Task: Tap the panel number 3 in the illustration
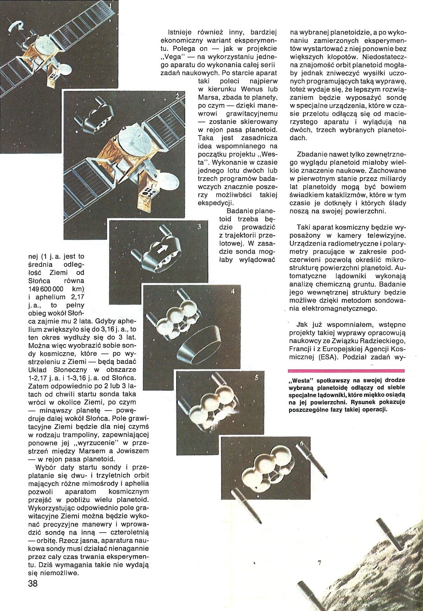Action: (199, 227)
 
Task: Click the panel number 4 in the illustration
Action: (233, 292)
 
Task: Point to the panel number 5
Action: (256, 378)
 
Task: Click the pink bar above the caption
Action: (346, 371)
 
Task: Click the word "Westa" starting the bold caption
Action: (300, 380)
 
